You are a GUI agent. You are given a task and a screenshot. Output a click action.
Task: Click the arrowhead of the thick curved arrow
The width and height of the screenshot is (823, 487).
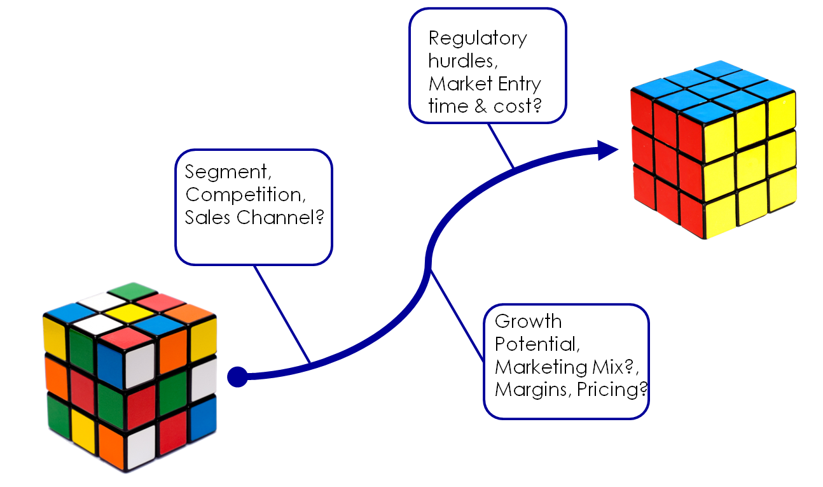(x=609, y=150)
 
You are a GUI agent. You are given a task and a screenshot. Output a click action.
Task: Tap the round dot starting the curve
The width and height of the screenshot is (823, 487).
(x=237, y=377)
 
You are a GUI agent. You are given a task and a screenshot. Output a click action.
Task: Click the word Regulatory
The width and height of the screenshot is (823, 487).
(x=478, y=39)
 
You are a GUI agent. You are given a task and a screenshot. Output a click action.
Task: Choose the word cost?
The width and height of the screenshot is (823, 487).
(x=517, y=106)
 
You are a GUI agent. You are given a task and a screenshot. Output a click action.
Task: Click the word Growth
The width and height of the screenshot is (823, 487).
(x=528, y=321)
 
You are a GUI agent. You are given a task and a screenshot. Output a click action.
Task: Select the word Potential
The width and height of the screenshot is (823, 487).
(x=537, y=344)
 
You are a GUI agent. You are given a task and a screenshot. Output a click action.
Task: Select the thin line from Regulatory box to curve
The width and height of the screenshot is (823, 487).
(x=501, y=146)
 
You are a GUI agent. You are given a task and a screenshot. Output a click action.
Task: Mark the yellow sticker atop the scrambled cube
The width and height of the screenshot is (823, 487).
(x=130, y=313)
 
